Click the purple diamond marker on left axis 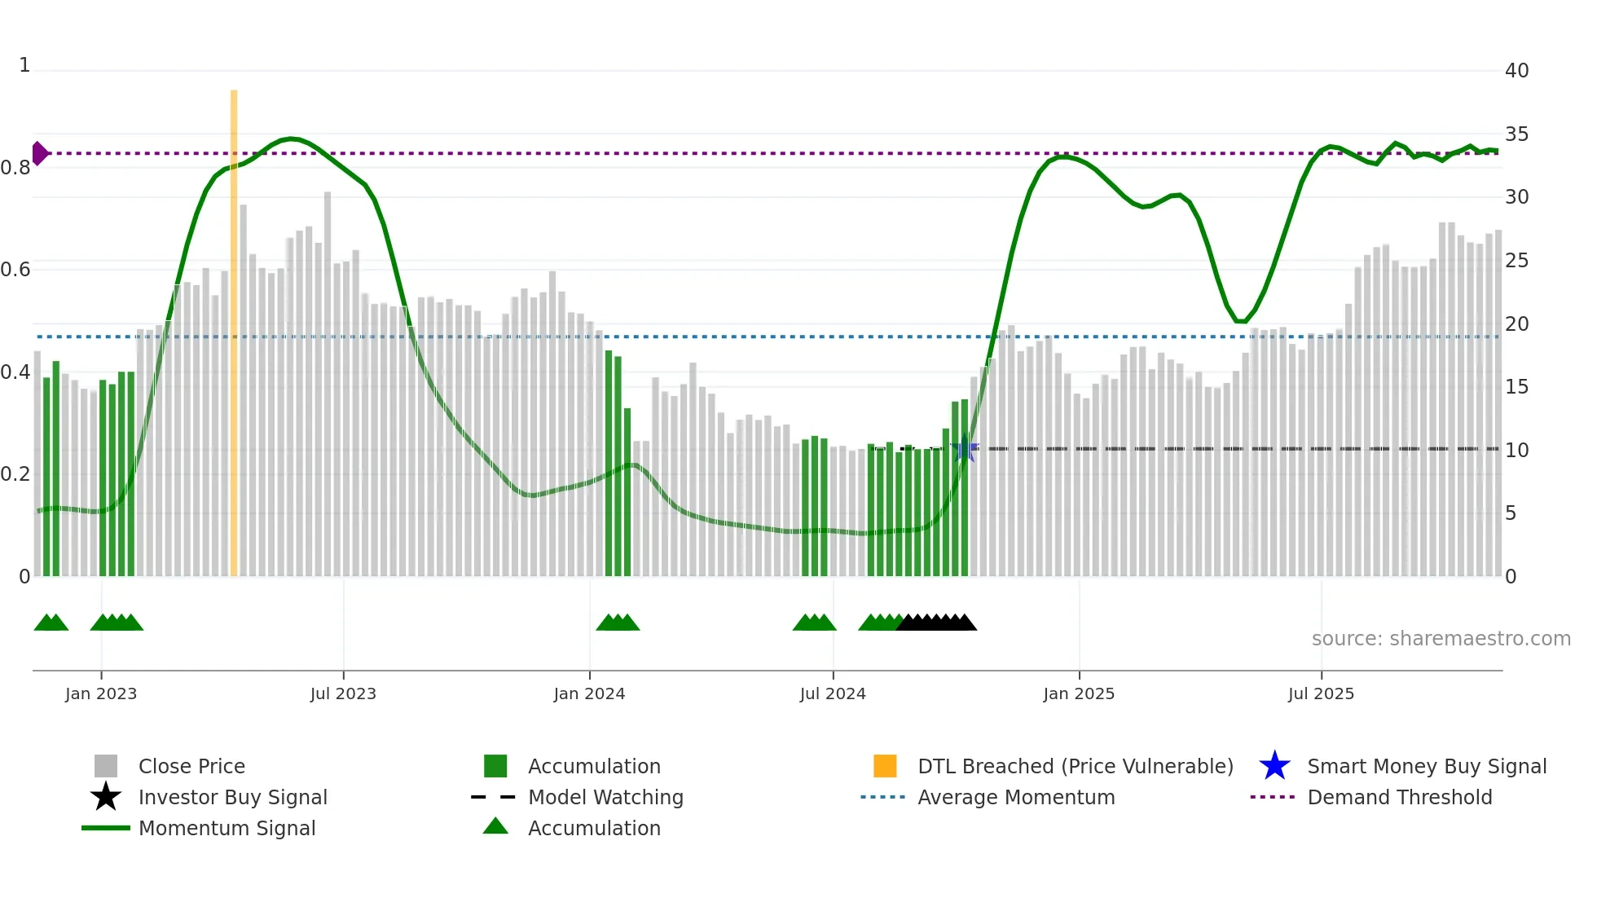pos(39,153)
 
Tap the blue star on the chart pos(965,448)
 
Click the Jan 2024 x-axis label pos(589,693)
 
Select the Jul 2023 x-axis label pos(343,693)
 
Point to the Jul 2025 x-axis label pos(1321,693)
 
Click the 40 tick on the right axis pos(1516,71)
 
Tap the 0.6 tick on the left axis pos(16,270)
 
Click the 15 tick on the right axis pos(1516,387)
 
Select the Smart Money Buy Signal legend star pos(1274,766)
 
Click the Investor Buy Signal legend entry pos(232,797)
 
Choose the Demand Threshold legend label pos(1399,797)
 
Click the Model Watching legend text pos(605,797)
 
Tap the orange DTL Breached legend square pos(885,766)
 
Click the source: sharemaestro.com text pos(1441,639)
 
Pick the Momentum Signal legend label pos(227,828)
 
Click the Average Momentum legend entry pos(1015,797)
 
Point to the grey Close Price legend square pos(106,766)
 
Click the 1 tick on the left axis pos(24,65)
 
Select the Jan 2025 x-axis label pos(1079,693)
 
